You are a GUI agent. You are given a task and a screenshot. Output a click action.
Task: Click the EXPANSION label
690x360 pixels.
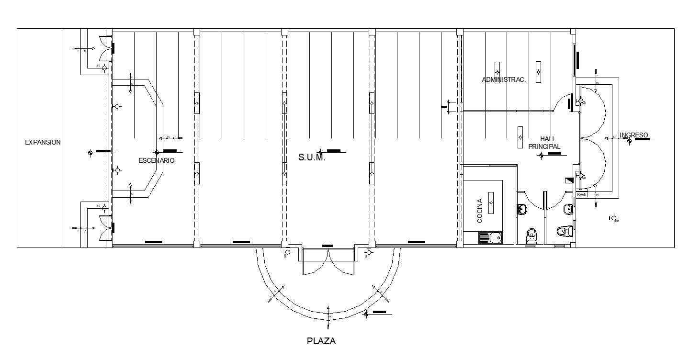(x=43, y=142)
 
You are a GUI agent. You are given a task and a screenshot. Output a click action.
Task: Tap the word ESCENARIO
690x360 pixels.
(x=156, y=161)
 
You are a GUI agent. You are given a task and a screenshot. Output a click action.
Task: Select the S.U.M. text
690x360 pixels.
(x=312, y=157)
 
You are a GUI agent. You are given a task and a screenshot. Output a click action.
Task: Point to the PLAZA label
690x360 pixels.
(x=321, y=341)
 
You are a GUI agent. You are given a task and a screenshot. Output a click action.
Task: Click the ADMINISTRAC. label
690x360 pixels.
(x=504, y=80)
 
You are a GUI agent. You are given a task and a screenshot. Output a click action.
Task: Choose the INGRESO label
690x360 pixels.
(x=633, y=135)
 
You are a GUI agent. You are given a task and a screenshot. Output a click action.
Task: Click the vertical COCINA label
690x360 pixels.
(x=480, y=212)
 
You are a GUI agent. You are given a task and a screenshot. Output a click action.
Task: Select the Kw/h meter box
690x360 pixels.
(x=581, y=194)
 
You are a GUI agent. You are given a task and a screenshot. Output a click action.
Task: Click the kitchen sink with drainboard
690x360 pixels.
(x=490, y=237)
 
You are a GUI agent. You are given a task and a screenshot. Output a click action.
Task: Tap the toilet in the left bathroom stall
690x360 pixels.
(x=531, y=236)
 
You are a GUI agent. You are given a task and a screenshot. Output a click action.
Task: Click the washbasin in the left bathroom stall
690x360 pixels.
(x=521, y=209)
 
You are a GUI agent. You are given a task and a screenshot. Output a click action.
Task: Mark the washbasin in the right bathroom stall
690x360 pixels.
(x=569, y=209)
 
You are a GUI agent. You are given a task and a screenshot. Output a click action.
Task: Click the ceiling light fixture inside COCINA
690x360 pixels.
(x=491, y=202)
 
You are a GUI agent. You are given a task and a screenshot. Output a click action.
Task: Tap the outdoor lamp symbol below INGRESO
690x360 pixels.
(x=612, y=218)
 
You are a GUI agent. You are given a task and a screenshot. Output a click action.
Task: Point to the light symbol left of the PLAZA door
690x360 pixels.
(x=287, y=252)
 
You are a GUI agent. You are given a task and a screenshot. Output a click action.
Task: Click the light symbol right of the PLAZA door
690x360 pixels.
(x=368, y=252)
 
